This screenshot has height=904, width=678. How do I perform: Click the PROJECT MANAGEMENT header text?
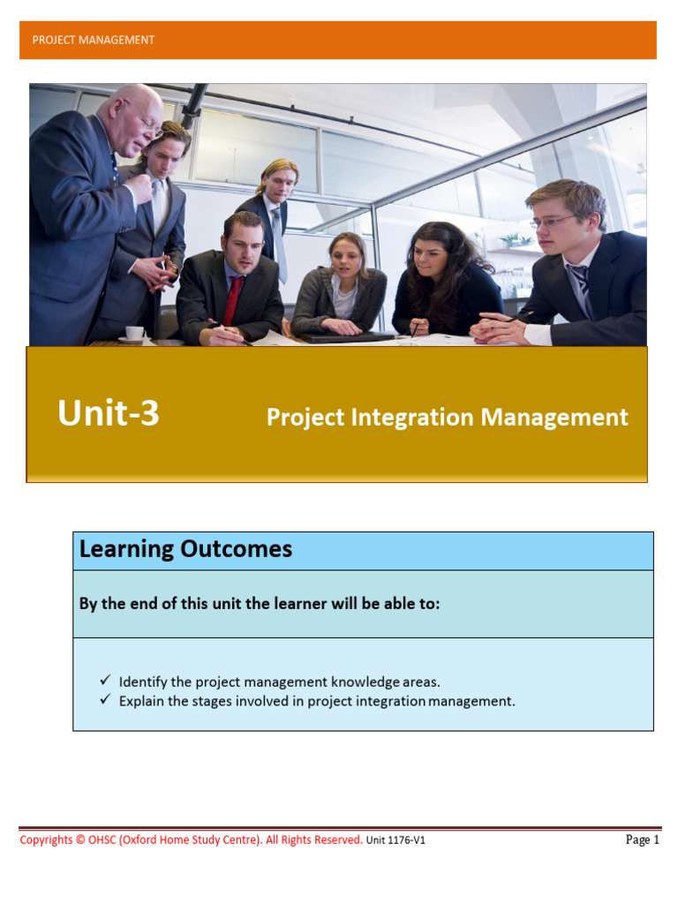coord(93,40)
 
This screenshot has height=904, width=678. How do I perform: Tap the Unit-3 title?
coord(109,413)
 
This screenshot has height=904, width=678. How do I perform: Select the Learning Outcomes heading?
coord(185,549)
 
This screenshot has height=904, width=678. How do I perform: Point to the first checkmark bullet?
coord(104,681)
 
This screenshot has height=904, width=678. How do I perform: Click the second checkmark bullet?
coord(104,700)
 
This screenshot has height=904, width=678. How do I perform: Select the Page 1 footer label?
coord(642,840)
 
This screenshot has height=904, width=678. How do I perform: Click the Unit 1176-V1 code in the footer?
coord(395,840)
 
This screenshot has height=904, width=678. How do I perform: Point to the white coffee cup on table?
coord(134,333)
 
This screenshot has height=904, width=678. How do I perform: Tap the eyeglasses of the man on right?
coord(554,221)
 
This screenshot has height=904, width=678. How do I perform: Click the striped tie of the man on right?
coord(581,289)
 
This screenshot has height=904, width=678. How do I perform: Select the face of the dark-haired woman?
coord(431,259)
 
